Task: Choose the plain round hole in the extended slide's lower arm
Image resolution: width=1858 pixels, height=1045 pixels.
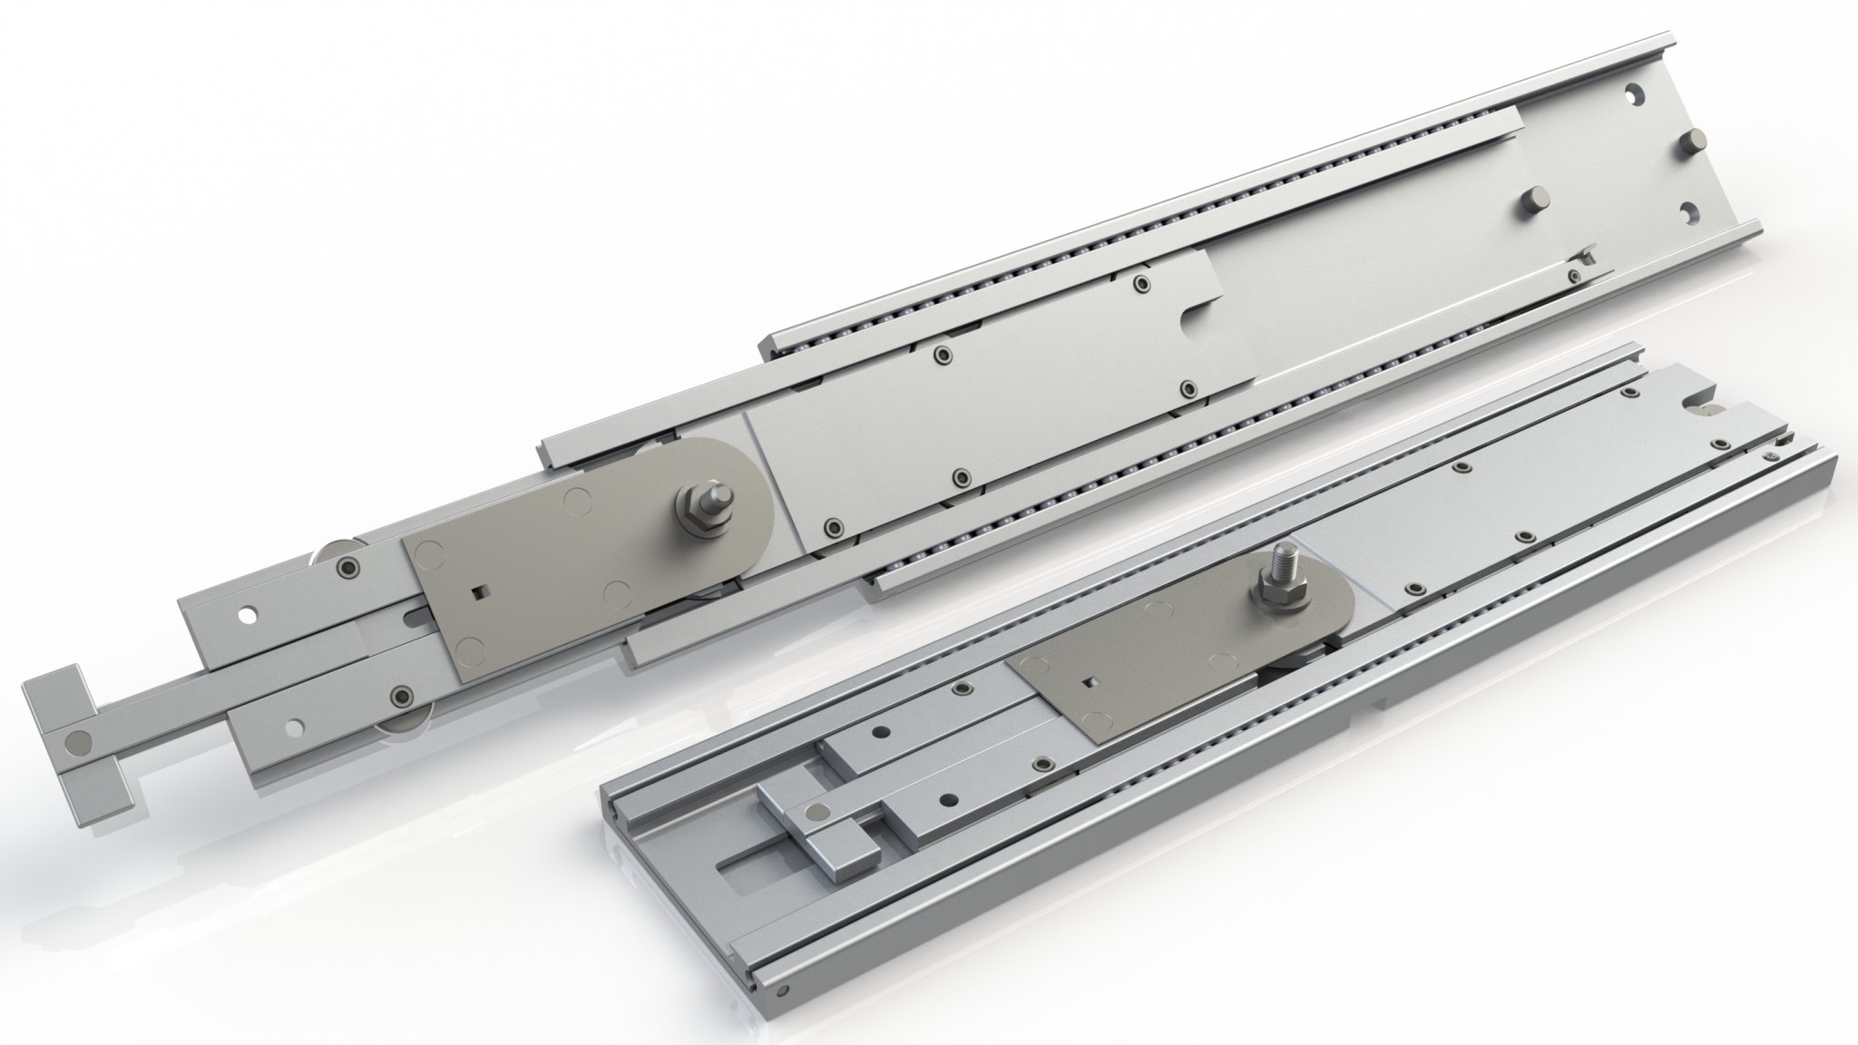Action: (295, 728)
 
